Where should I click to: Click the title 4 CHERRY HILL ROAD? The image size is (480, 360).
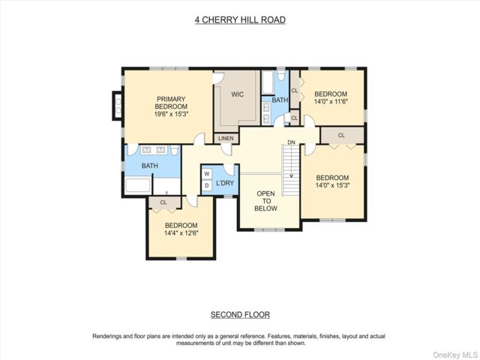(240, 20)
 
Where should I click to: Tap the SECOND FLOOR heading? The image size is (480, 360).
(240, 315)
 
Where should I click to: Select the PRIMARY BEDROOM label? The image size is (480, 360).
(171, 103)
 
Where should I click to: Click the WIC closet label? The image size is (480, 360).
(238, 94)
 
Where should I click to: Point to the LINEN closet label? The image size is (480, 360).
(226, 138)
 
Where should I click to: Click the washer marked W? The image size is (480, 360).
(207, 174)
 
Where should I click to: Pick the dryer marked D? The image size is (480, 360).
(207, 185)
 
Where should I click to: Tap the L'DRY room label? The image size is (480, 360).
(225, 183)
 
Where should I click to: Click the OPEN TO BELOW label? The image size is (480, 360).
(266, 201)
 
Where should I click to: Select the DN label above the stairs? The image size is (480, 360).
(291, 142)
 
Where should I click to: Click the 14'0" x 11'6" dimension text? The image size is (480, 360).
(331, 101)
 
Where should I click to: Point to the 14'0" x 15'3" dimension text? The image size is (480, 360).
(332, 185)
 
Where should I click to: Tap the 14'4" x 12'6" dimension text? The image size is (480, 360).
(181, 232)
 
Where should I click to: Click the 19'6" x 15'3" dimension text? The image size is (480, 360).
(171, 114)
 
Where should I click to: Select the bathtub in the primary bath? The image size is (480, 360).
(138, 185)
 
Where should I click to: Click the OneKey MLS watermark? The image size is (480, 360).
(454, 355)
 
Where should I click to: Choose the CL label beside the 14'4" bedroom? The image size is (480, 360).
(163, 202)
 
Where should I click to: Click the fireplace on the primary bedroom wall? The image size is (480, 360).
(118, 106)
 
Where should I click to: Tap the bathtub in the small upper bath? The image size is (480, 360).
(268, 82)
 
